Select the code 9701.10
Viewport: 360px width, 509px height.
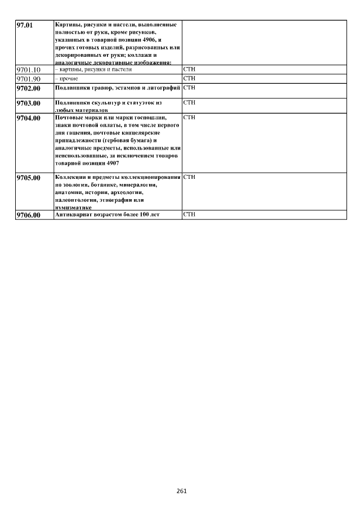29,70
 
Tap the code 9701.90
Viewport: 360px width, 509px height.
29,79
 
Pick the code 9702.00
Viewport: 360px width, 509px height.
29,88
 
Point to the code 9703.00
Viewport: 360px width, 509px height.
29,103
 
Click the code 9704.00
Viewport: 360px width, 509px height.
29,118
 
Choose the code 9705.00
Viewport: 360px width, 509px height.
29,178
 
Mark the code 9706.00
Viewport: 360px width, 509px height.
29,215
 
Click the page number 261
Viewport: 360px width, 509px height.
181,491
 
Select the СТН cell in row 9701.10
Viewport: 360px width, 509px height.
189,69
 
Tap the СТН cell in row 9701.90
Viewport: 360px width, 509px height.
189,78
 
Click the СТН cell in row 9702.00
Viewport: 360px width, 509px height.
189,88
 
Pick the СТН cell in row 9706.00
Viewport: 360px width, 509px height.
189,214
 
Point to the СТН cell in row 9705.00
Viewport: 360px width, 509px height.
189,177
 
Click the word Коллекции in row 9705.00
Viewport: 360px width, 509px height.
69,177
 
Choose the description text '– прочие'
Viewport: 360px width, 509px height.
67,79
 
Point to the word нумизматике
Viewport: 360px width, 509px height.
73,208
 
